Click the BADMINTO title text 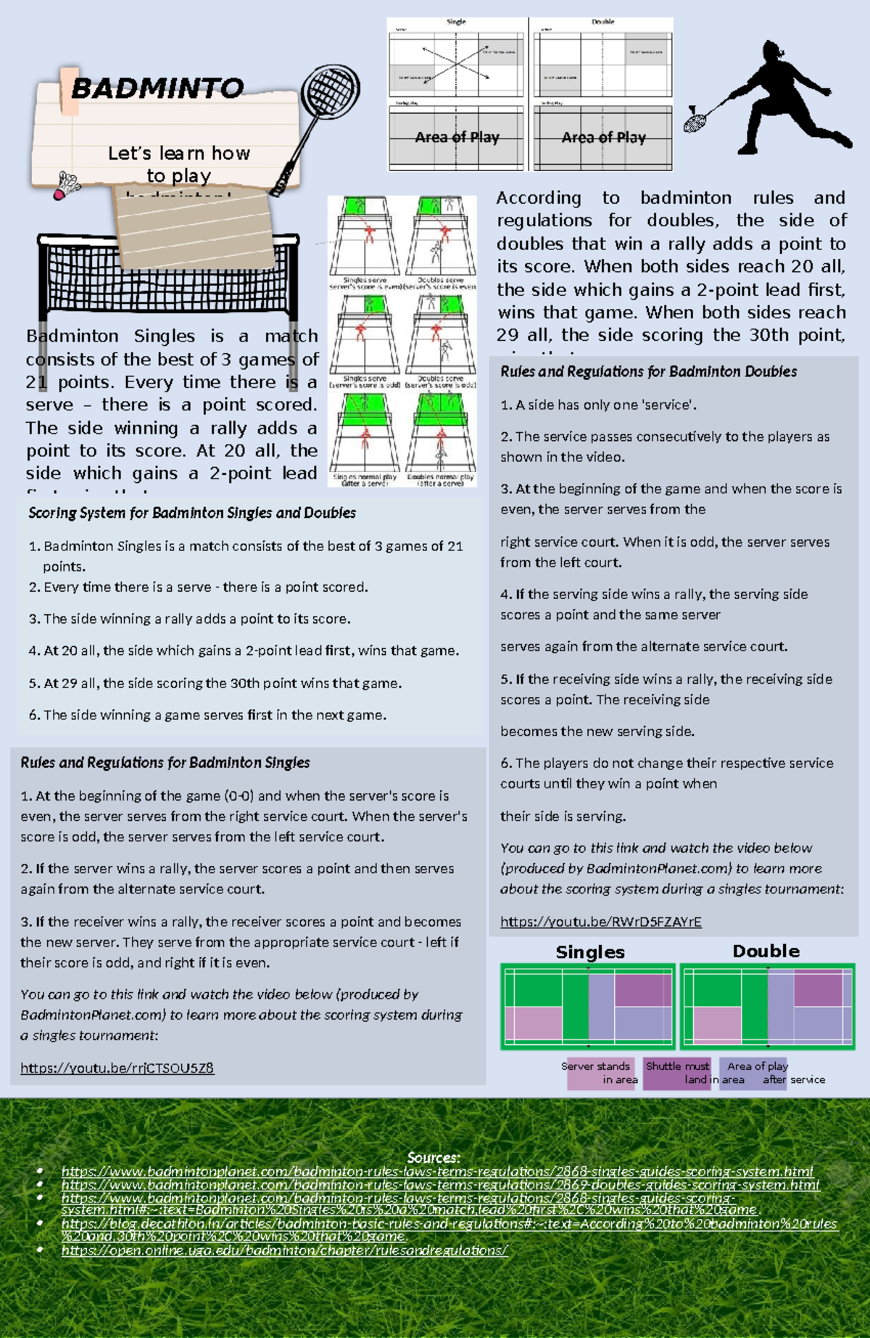point(157,88)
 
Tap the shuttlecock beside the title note point(67,186)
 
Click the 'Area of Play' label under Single point(457,137)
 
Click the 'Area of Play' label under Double point(603,137)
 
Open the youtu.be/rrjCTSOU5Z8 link point(117,1067)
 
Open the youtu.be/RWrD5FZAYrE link point(600,922)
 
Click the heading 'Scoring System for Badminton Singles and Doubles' point(192,513)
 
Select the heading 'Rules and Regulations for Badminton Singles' point(165,762)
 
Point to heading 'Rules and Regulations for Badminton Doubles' point(648,371)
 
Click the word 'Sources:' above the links point(434,1157)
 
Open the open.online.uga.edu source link point(284,1250)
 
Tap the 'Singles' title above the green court point(589,952)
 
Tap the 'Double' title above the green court point(766,951)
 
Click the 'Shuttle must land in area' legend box point(678,1073)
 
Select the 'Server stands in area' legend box point(600,1073)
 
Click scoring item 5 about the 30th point point(215,683)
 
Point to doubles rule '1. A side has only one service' point(598,405)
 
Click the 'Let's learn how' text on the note point(178,153)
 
